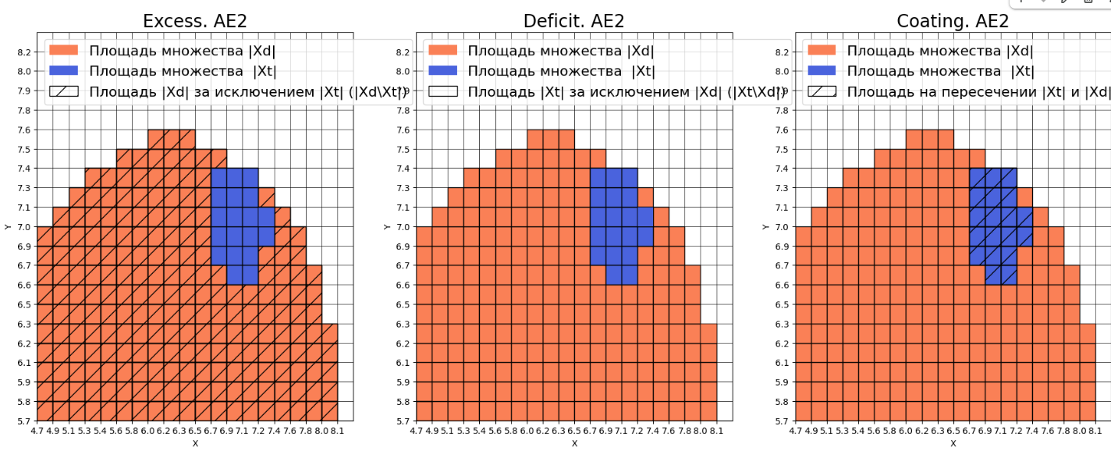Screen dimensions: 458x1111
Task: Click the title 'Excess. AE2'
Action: pyautogui.click(x=194, y=21)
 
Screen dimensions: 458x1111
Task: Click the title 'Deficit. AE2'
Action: pyautogui.click(x=573, y=21)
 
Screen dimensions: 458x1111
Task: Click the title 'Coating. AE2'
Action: pyautogui.click(x=953, y=21)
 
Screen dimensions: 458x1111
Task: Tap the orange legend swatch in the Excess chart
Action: pyautogui.click(x=64, y=51)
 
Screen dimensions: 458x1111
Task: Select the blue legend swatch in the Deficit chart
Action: pyautogui.click(x=442, y=71)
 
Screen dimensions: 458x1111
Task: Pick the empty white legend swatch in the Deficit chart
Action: pyautogui.click(x=442, y=91)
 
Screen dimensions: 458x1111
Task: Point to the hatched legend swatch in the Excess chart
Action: pyautogui.click(x=64, y=91)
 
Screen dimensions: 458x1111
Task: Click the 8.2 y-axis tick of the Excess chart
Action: pyautogui.click(x=23, y=52)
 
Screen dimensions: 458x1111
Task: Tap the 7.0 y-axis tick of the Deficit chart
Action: pyautogui.click(x=403, y=227)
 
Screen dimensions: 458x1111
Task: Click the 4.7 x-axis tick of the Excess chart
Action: pyautogui.click(x=37, y=430)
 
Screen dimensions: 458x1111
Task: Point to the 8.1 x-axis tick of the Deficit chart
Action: pyautogui.click(x=717, y=430)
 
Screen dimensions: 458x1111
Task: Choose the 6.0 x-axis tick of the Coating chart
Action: pyautogui.click(x=906, y=430)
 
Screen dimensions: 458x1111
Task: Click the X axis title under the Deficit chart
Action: pyautogui.click(x=573, y=443)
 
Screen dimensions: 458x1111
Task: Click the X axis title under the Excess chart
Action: pyautogui.click(x=194, y=443)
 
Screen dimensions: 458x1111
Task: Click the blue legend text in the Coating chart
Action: pyautogui.click(x=940, y=71)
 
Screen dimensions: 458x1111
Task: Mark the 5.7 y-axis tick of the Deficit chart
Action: pyautogui.click(x=403, y=421)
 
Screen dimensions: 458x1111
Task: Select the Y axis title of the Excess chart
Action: pyautogui.click(x=7, y=227)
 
